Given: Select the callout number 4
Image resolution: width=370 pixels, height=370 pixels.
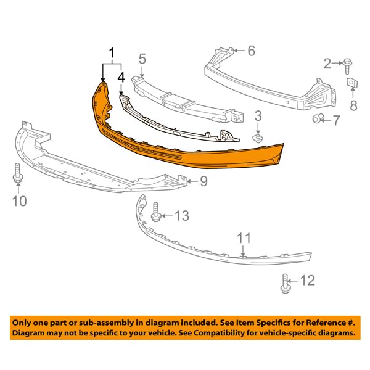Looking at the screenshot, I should [x=121, y=78].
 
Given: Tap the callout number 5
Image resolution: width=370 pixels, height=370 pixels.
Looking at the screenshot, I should [x=142, y=59].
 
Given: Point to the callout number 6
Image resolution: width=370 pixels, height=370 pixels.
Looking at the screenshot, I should [x=251, y=51].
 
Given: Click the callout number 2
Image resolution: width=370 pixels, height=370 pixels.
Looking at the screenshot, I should [x=327, y=62].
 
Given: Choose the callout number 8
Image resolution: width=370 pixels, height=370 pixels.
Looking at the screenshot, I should [x=353, y=106].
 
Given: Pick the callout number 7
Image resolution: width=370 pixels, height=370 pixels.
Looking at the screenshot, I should [x=335, y=120].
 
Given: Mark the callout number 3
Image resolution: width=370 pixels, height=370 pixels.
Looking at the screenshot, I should [x=258, y=115].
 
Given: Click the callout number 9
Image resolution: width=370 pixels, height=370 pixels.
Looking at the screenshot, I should [x=203, y=181].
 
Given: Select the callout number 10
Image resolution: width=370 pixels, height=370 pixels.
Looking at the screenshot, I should [x=20, y=201].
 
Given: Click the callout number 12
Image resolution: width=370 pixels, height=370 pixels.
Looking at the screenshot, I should [x=306, y=281].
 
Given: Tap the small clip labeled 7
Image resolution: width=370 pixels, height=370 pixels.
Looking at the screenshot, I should [x=318, y=118].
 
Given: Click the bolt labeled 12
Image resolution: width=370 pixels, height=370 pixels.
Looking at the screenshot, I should [x=286, y=282].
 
